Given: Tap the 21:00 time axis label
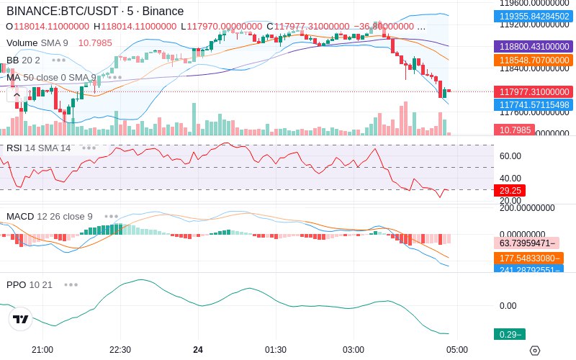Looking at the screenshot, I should click(42, 349).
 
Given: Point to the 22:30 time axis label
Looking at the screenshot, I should click(120, 349).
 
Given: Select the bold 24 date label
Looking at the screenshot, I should click(198, 349).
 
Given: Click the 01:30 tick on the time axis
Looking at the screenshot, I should click(276, 349).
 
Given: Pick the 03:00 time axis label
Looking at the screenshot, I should click(354, 349).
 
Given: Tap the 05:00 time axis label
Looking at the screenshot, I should click(456, 349).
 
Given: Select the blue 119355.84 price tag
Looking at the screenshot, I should click(532, 17).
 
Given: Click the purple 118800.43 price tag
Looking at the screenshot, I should click(532, 46).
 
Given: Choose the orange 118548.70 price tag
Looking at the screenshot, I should click(532, 60).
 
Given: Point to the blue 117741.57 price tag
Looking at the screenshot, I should click(532, 105).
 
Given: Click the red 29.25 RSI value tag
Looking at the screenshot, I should click(509, 190).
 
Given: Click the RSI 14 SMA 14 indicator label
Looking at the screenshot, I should click(39, 148).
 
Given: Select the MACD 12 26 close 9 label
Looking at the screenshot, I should click(50, 216).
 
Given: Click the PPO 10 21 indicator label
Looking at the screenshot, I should click(30, 284).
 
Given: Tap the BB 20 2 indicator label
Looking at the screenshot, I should click(23, 60).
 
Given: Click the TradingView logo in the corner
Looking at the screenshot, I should click(21, 319).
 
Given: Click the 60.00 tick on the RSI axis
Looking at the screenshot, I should click(510, 156).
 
